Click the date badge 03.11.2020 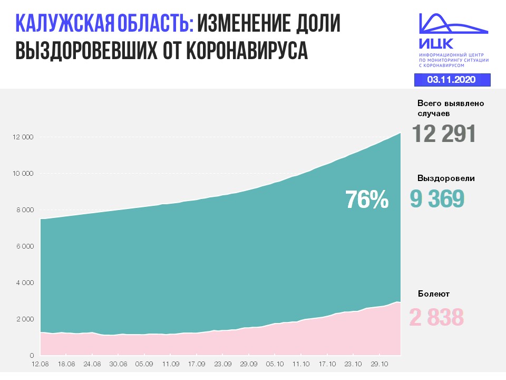pyautogui.click(x=452, y=80)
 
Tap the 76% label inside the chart pyautogui.click(x=367, y=200)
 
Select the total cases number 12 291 pyautogui.click(x=444, y=134)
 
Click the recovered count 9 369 pyautogui.click(x=437, y=199)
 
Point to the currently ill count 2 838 pyautogui.click(x=436, y=318)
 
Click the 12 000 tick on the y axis pyautogui.click(x=23, y=137)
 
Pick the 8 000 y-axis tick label pyautogui.click(x=24, y=210)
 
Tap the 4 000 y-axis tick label pyautogui.click(x=24, y=283)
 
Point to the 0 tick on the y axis pyautogui.click(x=32, y=355)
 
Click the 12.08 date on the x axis pyautogui.click(x=40, y=364)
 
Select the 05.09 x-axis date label pyautogui.click(x=144, y=364)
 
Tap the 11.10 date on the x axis pyautogui.click(x=301, y=364)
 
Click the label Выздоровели pyautogui.click(x=446, y=178)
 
